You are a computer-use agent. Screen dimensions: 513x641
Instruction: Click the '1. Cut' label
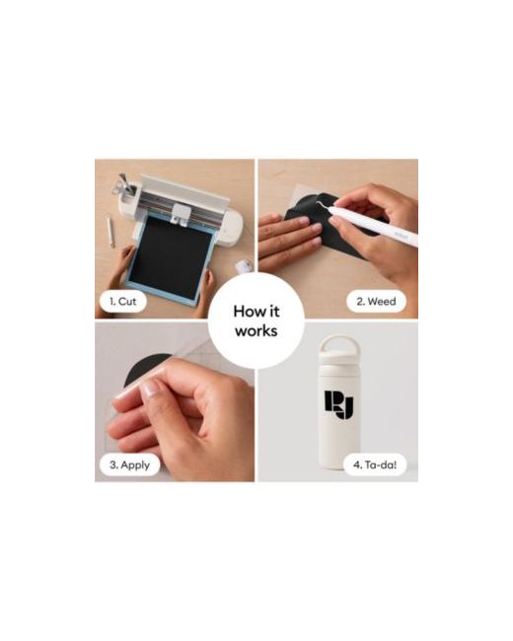click(x=122, y=302)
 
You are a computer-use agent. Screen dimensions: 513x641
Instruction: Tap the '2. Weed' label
click(x=376, y=302)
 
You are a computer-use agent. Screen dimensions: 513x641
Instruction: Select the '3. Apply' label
click(x=129, y=464)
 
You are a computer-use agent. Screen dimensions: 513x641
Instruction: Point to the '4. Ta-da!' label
click(x=375, y=464)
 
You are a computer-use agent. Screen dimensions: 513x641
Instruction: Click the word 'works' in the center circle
click(x=256, y=330)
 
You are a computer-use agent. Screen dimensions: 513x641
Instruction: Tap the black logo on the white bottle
click(x=339, y=404)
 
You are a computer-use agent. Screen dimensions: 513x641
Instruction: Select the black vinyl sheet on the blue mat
click(x=172, y=256)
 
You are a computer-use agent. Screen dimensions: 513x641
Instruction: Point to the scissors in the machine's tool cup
click(x=121, y=184)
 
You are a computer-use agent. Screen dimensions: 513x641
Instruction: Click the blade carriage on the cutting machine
click(x=180, y=215)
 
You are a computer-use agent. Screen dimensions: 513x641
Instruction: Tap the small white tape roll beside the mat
click(x=244, y=267)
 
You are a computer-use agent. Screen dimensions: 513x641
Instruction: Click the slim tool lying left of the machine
click(x=110, y=231)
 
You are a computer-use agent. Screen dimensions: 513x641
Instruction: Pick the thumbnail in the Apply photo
click(x=152, y=388)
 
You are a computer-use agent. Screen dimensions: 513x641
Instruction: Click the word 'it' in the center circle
click(x=273, y=311)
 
